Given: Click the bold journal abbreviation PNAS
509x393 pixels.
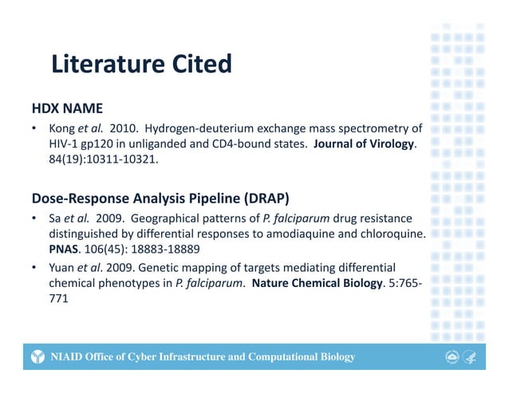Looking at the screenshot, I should click(x=62, y=250).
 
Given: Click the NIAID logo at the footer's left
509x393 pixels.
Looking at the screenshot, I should click(x=37, y=356).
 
